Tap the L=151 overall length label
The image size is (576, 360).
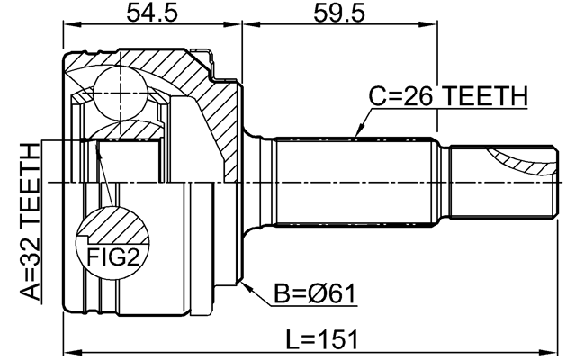click(x=321, y=339)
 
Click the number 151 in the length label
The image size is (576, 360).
click(x=339, y=339)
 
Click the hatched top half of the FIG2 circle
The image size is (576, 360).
click(x=112, y=225)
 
